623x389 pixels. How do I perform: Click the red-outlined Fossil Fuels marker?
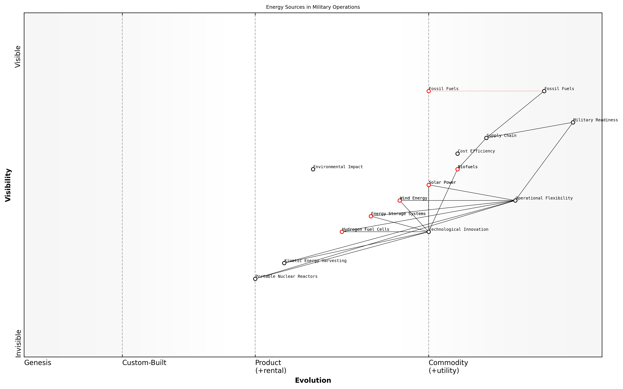(429, 91)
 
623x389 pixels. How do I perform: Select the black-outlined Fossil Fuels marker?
(544, 91)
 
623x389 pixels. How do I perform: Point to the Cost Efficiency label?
(476, 151)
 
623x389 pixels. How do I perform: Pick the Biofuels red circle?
(457, 169)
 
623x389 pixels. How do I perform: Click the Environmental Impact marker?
(313, 169)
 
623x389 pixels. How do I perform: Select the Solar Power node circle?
(429, 185)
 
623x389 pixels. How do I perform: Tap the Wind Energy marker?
(399, 201)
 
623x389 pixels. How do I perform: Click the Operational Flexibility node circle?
(515, 201)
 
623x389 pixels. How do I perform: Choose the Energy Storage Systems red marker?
(371, 216)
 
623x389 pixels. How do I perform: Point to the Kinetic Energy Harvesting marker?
(284, 263)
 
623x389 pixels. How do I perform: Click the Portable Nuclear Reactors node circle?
(255, 279)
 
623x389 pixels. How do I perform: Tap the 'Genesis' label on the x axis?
(38, 363)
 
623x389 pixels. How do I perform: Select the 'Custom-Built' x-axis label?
(144, 363)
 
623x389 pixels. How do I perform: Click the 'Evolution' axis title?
(313, 381)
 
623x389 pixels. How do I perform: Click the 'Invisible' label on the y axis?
(18, 343)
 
